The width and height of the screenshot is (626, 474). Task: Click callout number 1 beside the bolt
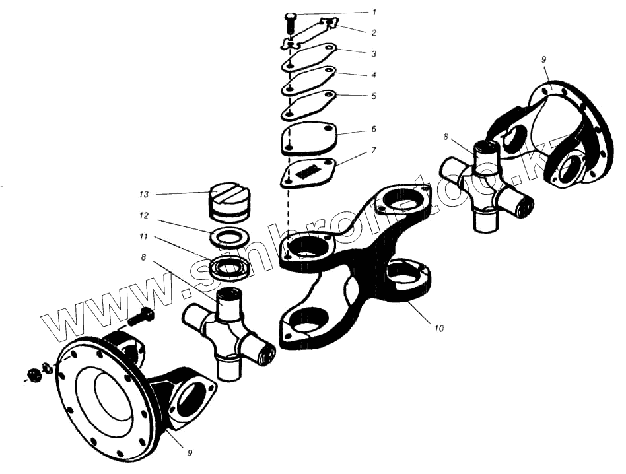coord(375,12)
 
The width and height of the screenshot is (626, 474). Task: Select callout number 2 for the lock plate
coord(375,31)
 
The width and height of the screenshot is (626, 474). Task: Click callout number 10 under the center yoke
coord(439,327)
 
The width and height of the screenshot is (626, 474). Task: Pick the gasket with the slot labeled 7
coord(309,174)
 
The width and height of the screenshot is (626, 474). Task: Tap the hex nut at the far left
coord(32,375)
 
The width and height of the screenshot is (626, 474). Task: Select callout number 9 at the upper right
coord(543,60)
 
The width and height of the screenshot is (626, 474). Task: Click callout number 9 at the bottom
coord(190,453)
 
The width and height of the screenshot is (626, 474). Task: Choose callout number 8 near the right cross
coord(446,137)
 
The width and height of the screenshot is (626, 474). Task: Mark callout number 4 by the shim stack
coord(374,75)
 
